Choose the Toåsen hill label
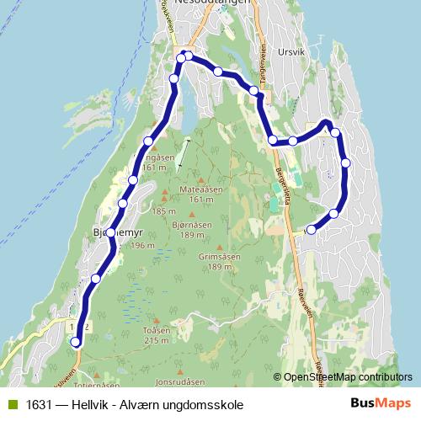pos(157,331)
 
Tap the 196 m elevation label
pos(143,245)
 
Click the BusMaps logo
pos(380,404)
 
